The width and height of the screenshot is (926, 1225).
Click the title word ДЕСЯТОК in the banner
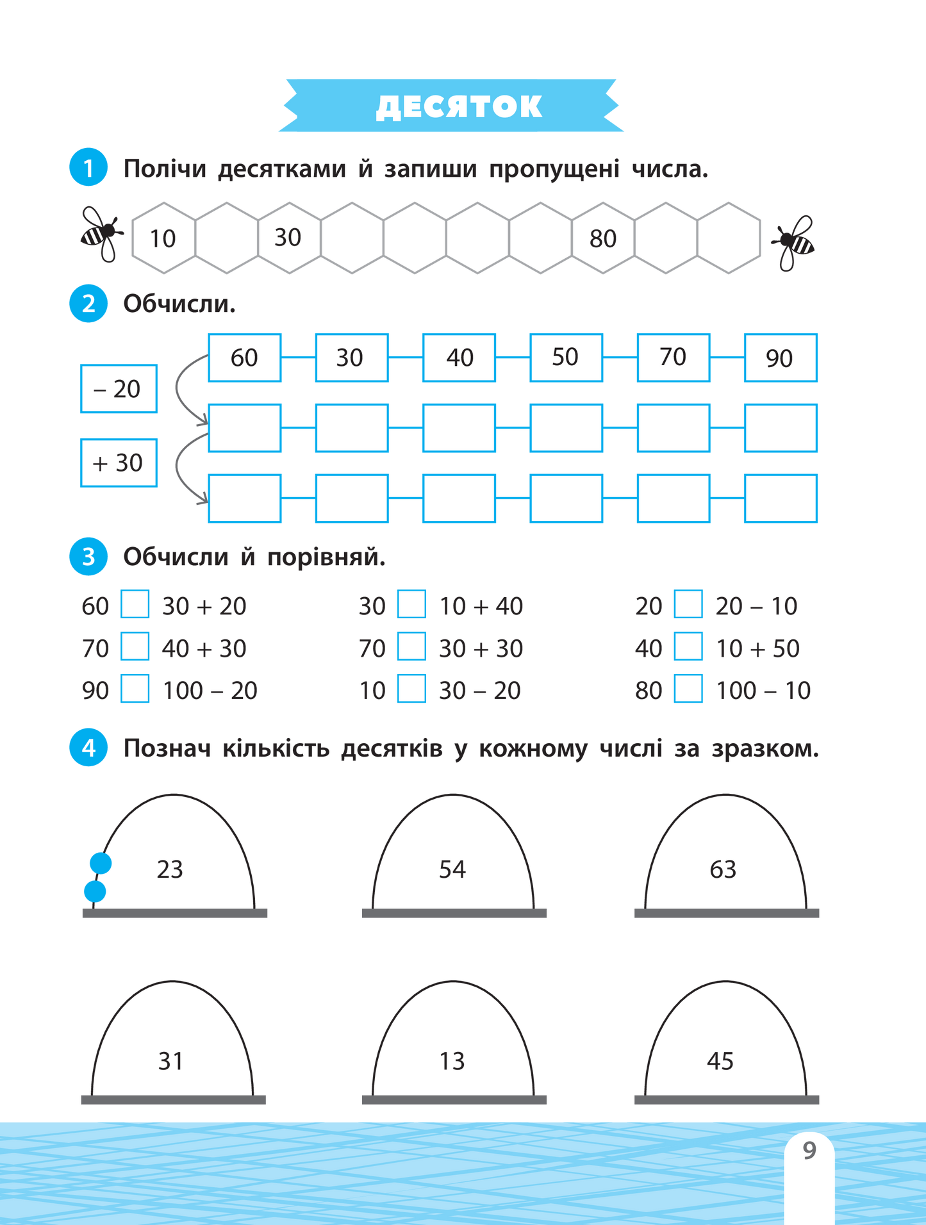[x=459, y=106]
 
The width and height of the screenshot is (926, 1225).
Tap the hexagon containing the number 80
[x=603, y=238]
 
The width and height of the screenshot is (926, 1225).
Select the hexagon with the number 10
[x=163, y=238]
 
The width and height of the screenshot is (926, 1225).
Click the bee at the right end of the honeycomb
[x=795, y=242]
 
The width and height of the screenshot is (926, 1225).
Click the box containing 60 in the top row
[x=244, y=358]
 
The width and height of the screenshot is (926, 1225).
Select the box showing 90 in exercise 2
[x=780, y=358]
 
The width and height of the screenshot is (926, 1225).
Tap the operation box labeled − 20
[x=119, y=389]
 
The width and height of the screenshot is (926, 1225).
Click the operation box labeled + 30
[x=119, y=463]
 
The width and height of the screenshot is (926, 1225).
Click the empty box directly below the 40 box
[x=459, y=428]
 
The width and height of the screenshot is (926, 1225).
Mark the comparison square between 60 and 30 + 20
[x=135, y=604]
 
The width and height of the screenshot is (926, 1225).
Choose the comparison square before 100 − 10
[x=688, y=689]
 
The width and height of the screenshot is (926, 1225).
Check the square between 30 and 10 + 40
[x=411, y=604]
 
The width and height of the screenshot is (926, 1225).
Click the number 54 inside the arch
[x=452, y=869]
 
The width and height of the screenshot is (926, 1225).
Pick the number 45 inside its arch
[x=720, y=1062]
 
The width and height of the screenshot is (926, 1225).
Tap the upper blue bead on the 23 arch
[x=101, y=863]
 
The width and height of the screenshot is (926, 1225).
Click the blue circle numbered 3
[x=88, y=556]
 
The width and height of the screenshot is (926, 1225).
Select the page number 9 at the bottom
[x=809, y=1151]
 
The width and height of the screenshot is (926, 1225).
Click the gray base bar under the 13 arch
[x=454, y=1099]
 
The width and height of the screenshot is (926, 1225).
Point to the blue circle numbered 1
[x=88, y=168]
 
